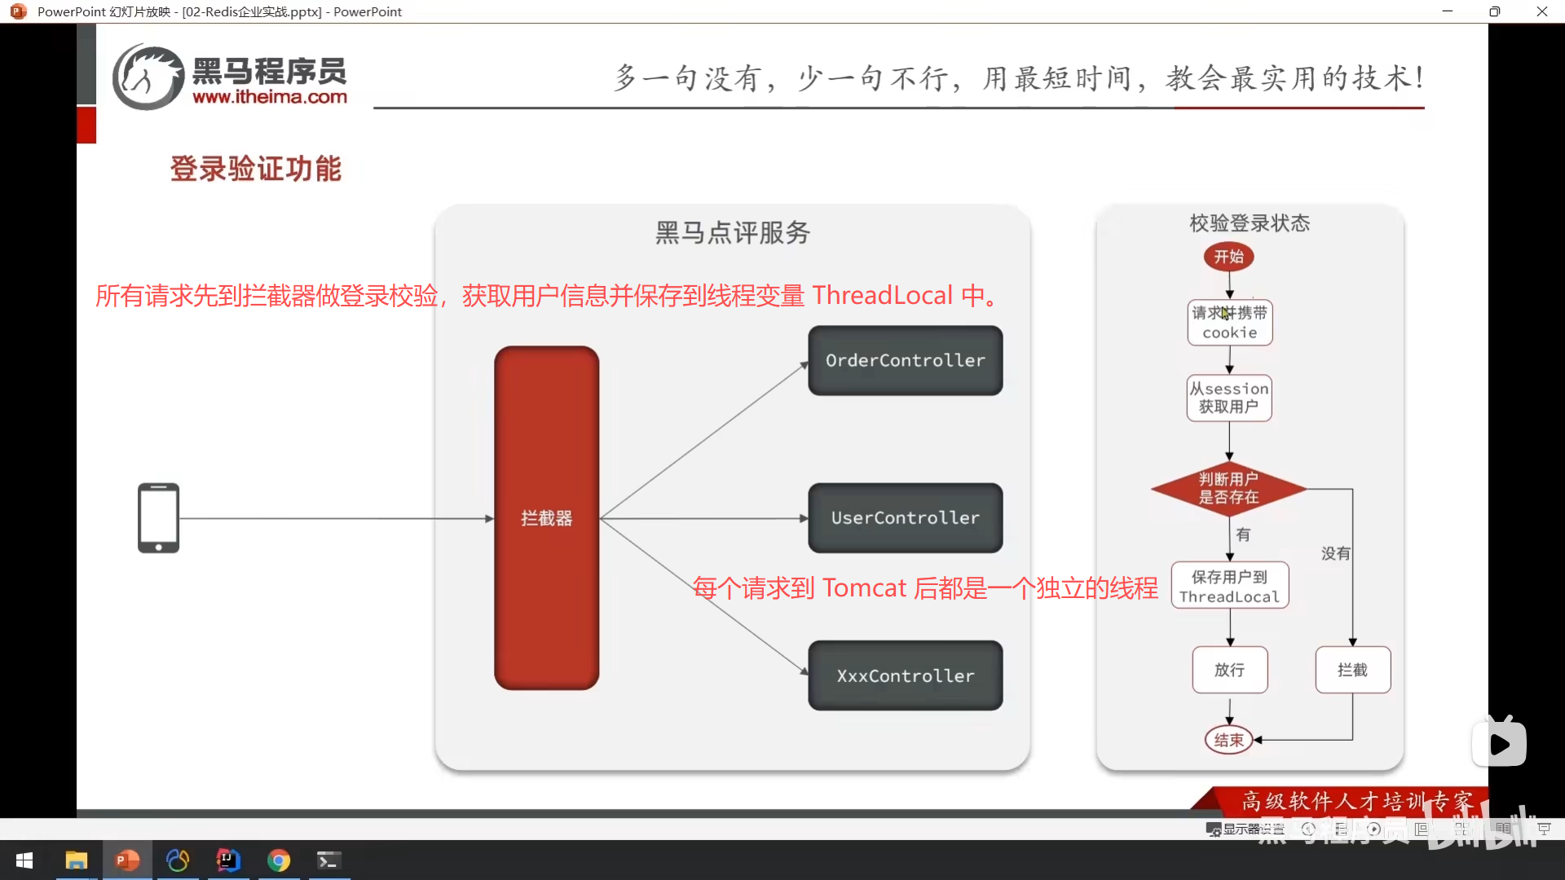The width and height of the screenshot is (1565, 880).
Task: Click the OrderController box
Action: [905, 360]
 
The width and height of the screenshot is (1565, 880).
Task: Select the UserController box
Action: [905, 517]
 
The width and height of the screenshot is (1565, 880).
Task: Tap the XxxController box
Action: [905, 675]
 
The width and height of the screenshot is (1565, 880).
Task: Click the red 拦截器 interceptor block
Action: [546, 517]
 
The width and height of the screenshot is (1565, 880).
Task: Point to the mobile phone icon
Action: [158, 518]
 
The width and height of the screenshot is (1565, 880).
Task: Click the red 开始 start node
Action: [1228, 257]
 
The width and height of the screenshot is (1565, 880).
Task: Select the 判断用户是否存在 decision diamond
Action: [1228, 488]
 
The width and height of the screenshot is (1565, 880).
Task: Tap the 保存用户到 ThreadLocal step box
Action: [1229, 586]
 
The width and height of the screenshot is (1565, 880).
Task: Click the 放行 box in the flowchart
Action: [1229, 670]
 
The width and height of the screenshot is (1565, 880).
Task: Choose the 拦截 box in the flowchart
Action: [1352, 670]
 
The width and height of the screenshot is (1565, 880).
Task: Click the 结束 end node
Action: [1228, 740]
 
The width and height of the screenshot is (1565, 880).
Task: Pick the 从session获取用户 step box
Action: [1228, 398]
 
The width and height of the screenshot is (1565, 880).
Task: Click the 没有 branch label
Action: [1335, 553]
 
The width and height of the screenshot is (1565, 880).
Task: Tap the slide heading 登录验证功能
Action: [255, 169]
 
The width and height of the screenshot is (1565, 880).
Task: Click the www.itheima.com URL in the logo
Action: [270, 97]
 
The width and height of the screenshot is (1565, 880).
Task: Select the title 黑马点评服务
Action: [732, 233]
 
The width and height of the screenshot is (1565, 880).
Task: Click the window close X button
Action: [1541, 11]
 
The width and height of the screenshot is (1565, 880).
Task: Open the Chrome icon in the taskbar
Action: [279, 860]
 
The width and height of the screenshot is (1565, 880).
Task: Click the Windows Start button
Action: [24, 860]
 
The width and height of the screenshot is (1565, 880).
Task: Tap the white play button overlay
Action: [1499, 744]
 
